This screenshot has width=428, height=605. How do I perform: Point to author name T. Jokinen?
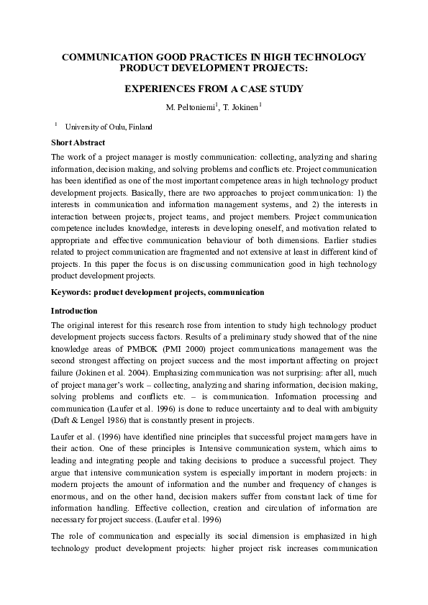(x=240, y=108)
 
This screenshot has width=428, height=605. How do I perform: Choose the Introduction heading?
(x=74, y=311)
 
